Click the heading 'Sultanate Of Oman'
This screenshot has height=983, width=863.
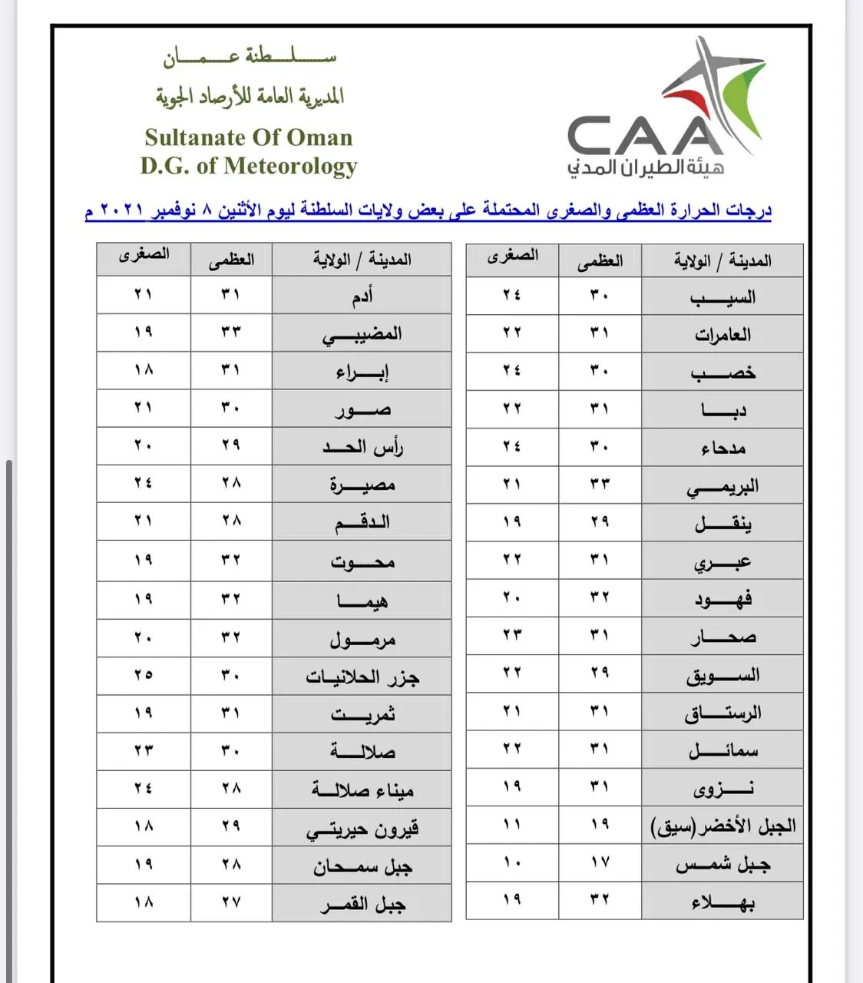(x=248, y=137)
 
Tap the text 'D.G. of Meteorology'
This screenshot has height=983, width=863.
(x=248, y=166)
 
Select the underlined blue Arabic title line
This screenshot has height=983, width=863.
(x=428, y=210)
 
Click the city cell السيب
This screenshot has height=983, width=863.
(x=722, y=296)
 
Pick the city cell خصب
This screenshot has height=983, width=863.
(x=722, y=372)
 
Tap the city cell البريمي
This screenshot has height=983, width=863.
(x=722, y=485)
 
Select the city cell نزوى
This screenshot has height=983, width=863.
(x=722, y=788)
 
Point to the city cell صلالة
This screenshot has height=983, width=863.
(x=362, y=751)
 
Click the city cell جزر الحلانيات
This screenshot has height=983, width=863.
(x=362, y=677)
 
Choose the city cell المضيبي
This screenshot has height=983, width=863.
(x=362, y=333)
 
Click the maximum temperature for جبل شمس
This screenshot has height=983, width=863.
(x=600, y=863)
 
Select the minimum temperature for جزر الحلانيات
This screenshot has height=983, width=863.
(x=144, y=675)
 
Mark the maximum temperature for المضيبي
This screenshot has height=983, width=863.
(x=231, y=332)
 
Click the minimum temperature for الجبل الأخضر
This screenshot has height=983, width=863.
(x=512, y=825)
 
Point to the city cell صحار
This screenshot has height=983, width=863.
(x=722, y=637)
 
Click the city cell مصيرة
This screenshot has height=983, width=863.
(x=362, y=485)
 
